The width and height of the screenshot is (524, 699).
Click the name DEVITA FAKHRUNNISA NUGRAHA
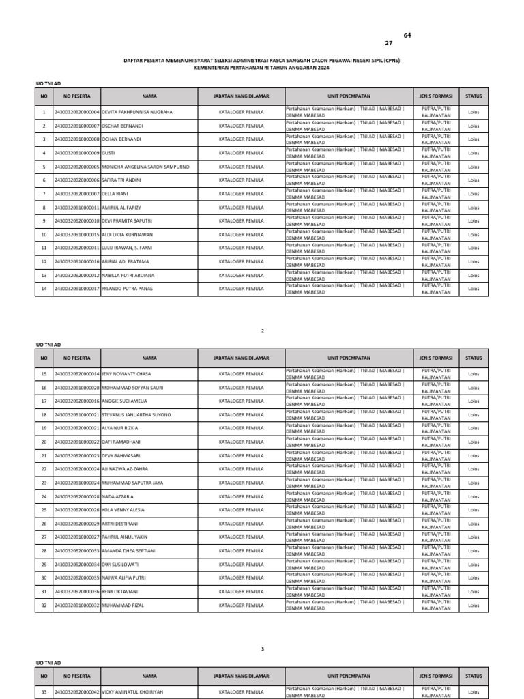(137, 112)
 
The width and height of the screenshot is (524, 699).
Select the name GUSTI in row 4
(109, 153)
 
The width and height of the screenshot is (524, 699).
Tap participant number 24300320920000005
(76, 167)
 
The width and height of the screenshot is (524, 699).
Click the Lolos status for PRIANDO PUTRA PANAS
(474, 289)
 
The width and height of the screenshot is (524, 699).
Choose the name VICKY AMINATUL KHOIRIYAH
(133, 692)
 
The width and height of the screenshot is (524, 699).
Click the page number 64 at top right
(408, 35)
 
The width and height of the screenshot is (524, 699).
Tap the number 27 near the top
(389, 42)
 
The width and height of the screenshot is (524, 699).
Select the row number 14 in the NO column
(44, 289)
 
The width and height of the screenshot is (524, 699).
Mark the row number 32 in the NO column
(44, 605)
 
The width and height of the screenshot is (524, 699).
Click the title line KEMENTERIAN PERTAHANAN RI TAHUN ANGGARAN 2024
(261, 68)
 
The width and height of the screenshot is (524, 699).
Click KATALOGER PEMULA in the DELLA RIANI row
(241, 194)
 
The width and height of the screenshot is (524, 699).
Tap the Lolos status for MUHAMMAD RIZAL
(474, 605)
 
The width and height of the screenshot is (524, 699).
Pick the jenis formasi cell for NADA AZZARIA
(436, 496)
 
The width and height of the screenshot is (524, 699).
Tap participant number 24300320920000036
(76, 592)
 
